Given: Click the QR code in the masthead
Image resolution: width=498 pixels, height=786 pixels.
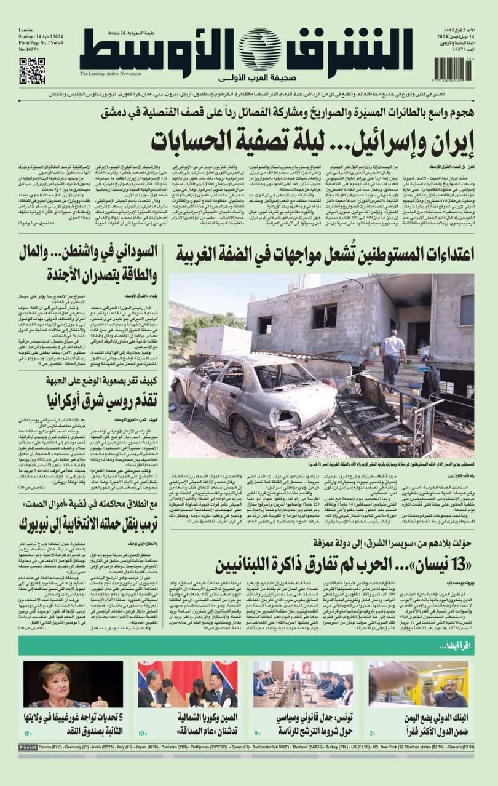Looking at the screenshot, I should coord(32,71).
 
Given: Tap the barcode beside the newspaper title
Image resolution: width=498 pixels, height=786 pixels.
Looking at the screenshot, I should coord(453,69).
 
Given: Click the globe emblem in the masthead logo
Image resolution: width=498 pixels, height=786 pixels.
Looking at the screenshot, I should coord(260,50).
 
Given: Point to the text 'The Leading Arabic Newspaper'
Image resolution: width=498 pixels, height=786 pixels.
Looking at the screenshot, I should coord(110,74).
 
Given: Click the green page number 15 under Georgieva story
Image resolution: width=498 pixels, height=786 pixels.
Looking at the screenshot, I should coord(28,734).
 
